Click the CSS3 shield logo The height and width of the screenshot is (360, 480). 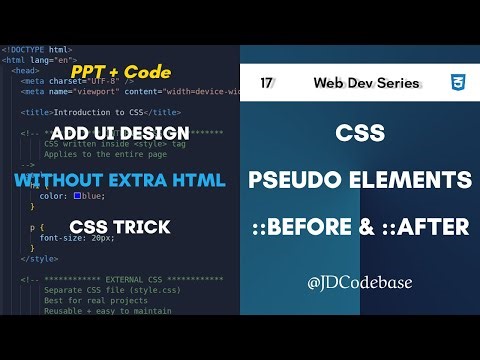click(x=457, y=82)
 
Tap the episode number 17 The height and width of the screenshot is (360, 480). click(x=267, y=82)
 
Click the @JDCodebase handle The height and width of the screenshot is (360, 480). click(x=360, y=283)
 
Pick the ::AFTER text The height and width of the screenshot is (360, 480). click(x=423, y=228)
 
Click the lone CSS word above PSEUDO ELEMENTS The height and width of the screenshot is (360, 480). click(x=360, y=132)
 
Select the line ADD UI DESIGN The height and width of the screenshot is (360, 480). click(x=120, y=133)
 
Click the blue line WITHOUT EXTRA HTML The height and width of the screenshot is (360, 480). click(x=120, y=181)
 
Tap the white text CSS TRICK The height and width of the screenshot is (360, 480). click(x=120, y=228)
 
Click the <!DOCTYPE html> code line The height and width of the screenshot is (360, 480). click(x=36, y=49)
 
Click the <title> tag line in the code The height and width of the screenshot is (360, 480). click(x=100, y=112)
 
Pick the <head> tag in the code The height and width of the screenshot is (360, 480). click(x=27, y=70)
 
